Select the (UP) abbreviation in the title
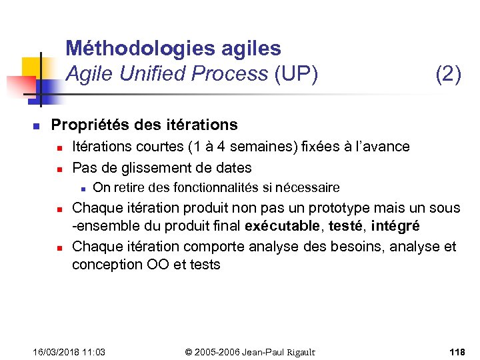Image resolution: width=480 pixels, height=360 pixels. [x=296, y=74]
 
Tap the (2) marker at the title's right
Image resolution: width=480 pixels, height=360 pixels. [x=447, y=74]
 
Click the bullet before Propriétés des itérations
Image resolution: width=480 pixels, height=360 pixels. [x=37, y=125]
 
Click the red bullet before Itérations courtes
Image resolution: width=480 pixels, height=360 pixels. [x=59, y=147]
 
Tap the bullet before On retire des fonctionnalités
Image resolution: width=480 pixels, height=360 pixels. [x=81, y=188]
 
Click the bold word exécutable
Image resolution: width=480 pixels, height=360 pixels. [x=284, y=227]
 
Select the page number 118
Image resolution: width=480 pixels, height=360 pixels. [x=457, y=351]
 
